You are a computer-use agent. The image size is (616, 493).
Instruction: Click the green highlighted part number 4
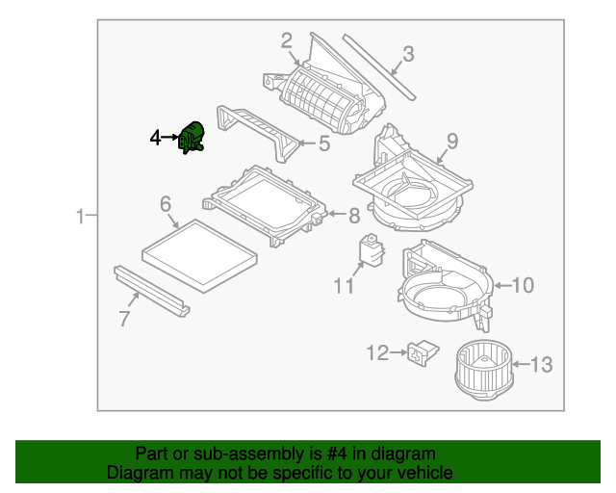pyautogui.click(x=191, y=138)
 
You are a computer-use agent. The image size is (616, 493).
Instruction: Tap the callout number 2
pyautogui.click(x=286, y=39)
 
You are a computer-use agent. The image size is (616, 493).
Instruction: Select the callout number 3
pyautogui.click(x=408, y=54)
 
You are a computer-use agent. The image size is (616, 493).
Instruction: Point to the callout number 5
pyautogui.click(x=324, y=144)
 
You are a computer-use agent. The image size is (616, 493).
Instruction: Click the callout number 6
pyautogui.click(x=166, y=204)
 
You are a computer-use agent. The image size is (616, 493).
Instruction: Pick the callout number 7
pyautogui.click(x=124, y=319)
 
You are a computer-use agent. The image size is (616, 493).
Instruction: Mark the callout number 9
pyautogui.click(x=451, y=141)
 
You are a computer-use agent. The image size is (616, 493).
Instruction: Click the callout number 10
pyautogui.click(x=522, y=284)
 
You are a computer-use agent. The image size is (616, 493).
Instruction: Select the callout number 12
pyautogui.click(x=377, y=353)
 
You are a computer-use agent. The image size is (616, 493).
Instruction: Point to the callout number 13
pyautogui.click(x=542, y=364)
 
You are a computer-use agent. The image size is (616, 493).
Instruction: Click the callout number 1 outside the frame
pyautogui.click(x=81, y=218)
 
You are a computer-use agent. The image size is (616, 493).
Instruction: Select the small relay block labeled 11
pyautogui.click(x=371, y=247)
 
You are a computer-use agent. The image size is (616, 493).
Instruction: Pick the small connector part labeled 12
pyautogui.click(x=421, y=353)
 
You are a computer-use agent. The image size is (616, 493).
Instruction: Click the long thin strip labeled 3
pyautogui.click(x=381, y=68)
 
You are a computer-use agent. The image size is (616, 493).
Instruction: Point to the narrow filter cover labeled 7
pyautogui.click(x=151, y=290)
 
